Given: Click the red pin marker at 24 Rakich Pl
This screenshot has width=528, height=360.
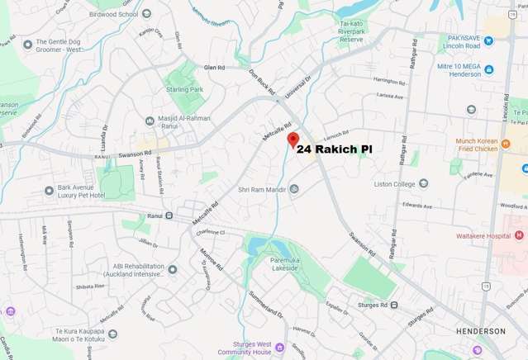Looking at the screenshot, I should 292,140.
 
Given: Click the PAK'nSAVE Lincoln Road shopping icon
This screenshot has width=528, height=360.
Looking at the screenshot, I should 488,39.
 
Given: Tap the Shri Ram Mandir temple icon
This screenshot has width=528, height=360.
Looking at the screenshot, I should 294,189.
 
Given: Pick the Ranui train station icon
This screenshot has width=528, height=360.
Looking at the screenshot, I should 169,216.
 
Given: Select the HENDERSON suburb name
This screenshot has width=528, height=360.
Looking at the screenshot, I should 480,330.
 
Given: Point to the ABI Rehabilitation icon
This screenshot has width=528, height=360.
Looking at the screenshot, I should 173,269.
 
